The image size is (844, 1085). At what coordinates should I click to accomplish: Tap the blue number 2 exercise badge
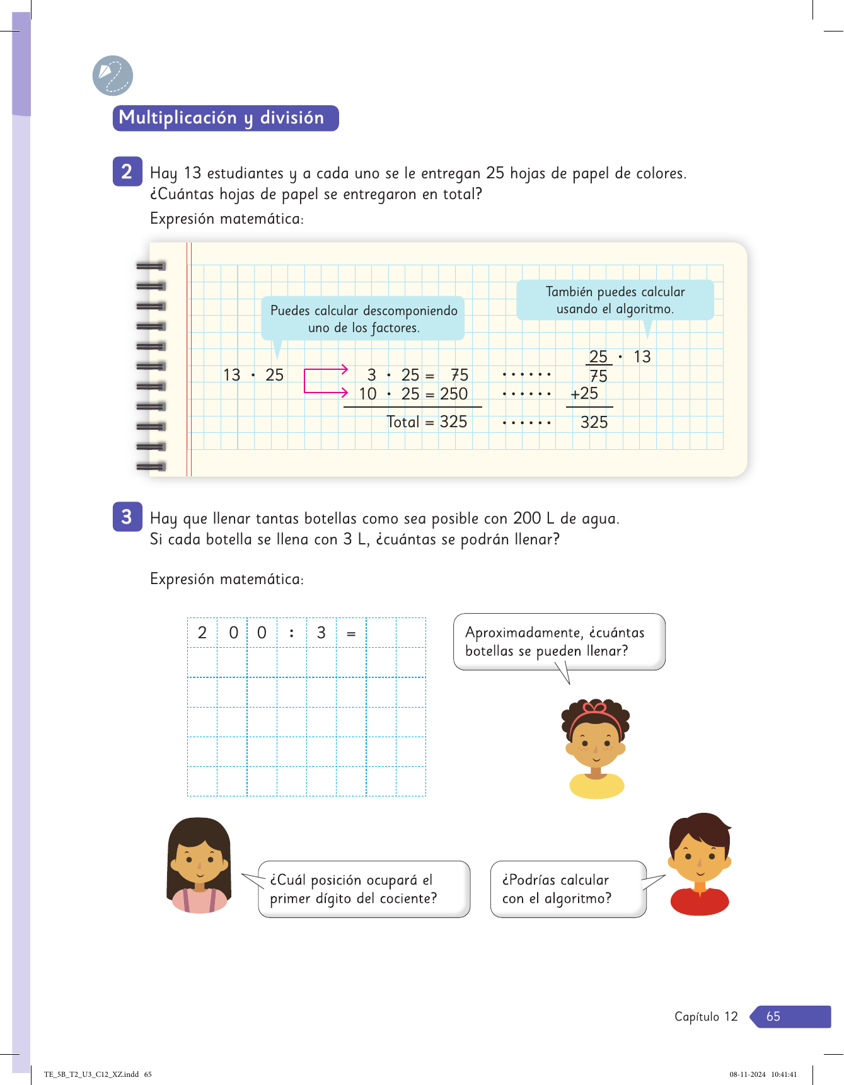coord(127,171)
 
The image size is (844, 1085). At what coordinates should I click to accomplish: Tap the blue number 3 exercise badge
coord(127,517)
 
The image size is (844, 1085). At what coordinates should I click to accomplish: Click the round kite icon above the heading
coord(113,76)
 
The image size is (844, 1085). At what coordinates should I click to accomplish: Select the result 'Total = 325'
coord(427,422)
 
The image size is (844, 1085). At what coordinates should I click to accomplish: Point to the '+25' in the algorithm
coord(584,394)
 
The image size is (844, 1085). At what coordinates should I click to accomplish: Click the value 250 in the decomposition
coord(454,394)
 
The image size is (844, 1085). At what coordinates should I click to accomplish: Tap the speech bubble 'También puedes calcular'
coord(615,300)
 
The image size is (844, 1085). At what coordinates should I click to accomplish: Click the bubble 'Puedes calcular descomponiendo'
coord(363,318)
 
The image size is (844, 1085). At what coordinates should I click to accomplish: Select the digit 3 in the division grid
coord(321,633)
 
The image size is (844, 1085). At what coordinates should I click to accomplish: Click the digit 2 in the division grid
coord(202,633)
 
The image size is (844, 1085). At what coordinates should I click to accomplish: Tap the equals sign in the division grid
coord(351,633)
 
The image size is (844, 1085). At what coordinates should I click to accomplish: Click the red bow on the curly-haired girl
coord(595,707)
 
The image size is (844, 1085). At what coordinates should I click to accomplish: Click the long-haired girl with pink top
coord(199,865)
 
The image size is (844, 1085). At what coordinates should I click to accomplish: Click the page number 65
coord(773,1016)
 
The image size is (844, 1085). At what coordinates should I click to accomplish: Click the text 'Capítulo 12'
coord(706,1016)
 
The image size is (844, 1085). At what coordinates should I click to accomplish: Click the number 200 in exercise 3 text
coord(527,518)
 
